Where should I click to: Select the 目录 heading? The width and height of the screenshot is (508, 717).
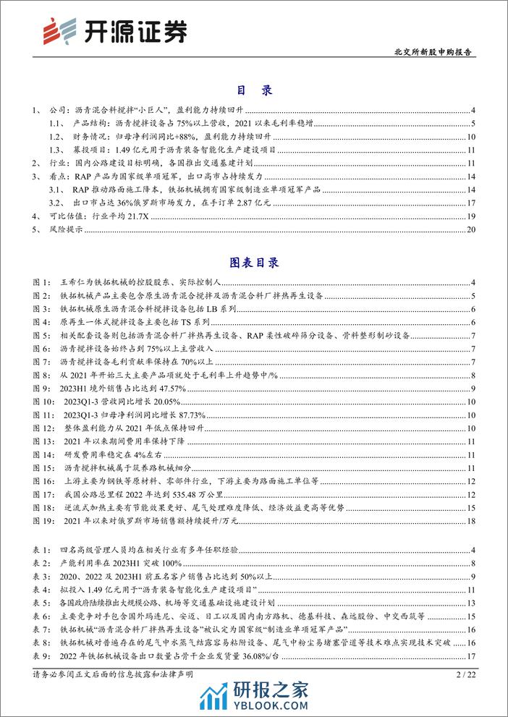(x=253, y=91)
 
